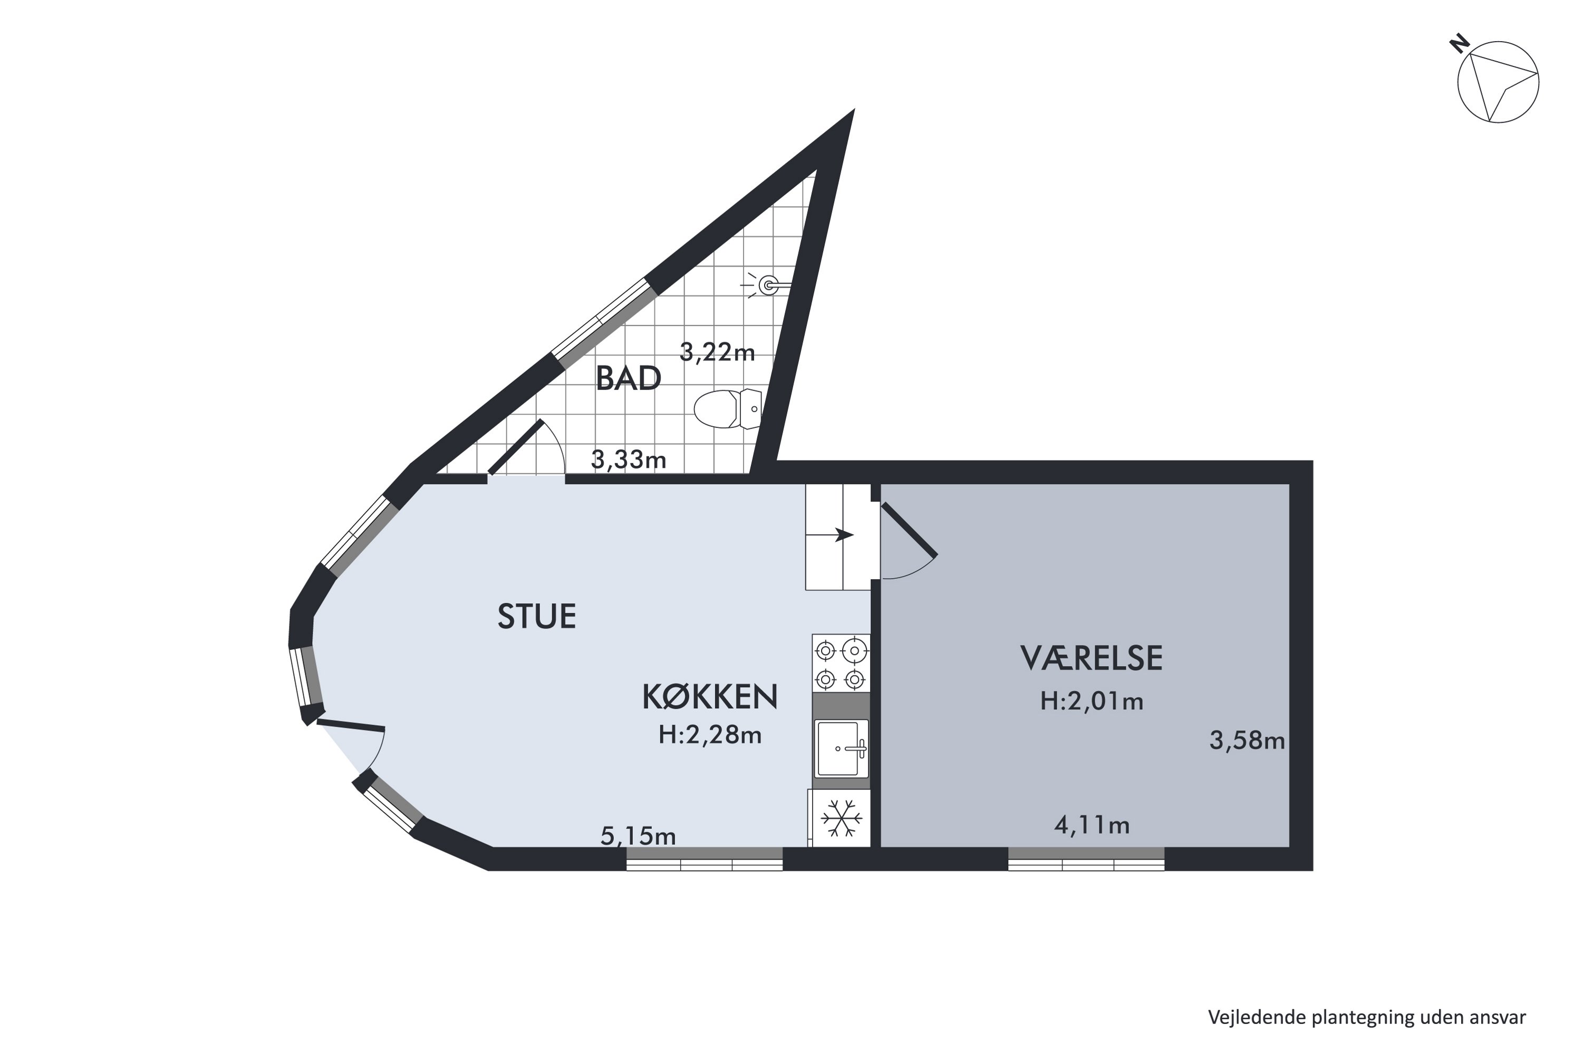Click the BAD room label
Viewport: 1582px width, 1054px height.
pos(628,379)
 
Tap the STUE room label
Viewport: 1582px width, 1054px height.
pos(537,617)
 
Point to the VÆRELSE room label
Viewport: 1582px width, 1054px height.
pos(1091,658)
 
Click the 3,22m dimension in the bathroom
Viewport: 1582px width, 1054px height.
pos(717,352)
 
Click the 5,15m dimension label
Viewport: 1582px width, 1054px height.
pos(638,836)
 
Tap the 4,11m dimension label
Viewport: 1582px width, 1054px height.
pos(1091,825)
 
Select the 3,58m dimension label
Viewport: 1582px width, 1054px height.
pos(1247,741)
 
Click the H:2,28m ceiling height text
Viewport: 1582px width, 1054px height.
pos(710,735)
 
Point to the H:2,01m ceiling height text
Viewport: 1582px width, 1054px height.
pos(1091,702)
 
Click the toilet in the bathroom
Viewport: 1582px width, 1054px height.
pos(728,409)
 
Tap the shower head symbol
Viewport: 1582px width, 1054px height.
pos(768,286)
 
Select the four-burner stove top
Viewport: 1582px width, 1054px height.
pos(840,664)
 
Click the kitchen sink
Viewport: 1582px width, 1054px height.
pos(840,748)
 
